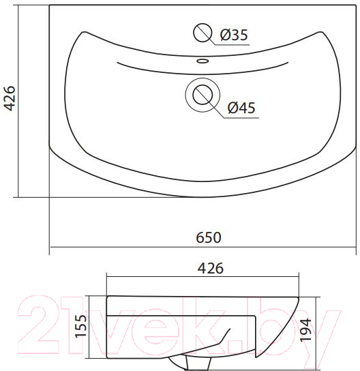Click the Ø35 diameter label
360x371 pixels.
[234, 35]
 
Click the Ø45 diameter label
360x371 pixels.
[241, 108]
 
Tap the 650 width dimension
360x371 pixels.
[209, 237]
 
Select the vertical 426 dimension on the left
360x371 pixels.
[10, 98]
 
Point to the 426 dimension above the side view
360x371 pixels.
[210, 268]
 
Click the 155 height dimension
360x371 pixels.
[80, 326]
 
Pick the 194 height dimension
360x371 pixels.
[305, 330]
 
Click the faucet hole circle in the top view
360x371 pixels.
[202, 33]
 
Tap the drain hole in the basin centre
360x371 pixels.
[202, 95]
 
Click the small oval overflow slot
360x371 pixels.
[202, 61]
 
